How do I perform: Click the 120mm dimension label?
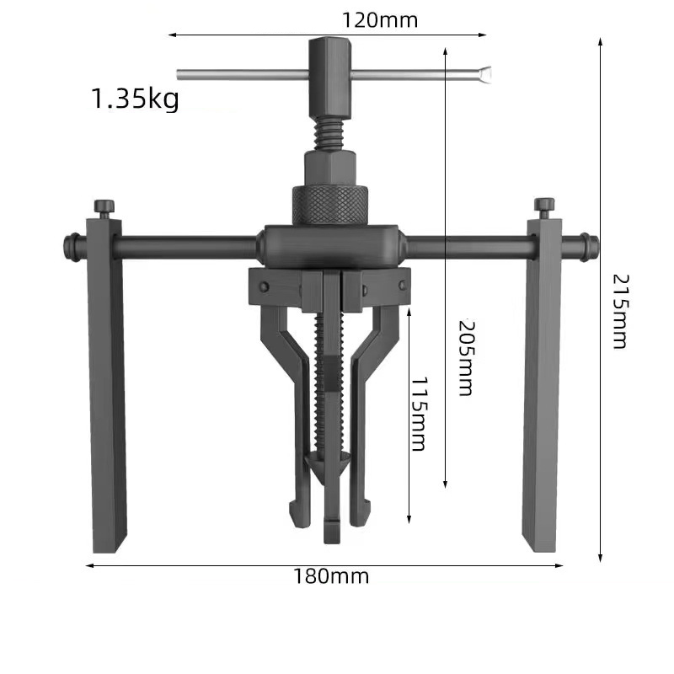(x=381, y=19)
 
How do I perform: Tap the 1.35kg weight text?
(x=135, y=99)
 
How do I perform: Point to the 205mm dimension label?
(x=464, y=357)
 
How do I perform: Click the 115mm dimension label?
(x=416, y=413)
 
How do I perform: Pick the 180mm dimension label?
(x=331, y=577)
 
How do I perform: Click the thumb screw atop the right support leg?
(x=544, y=206)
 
